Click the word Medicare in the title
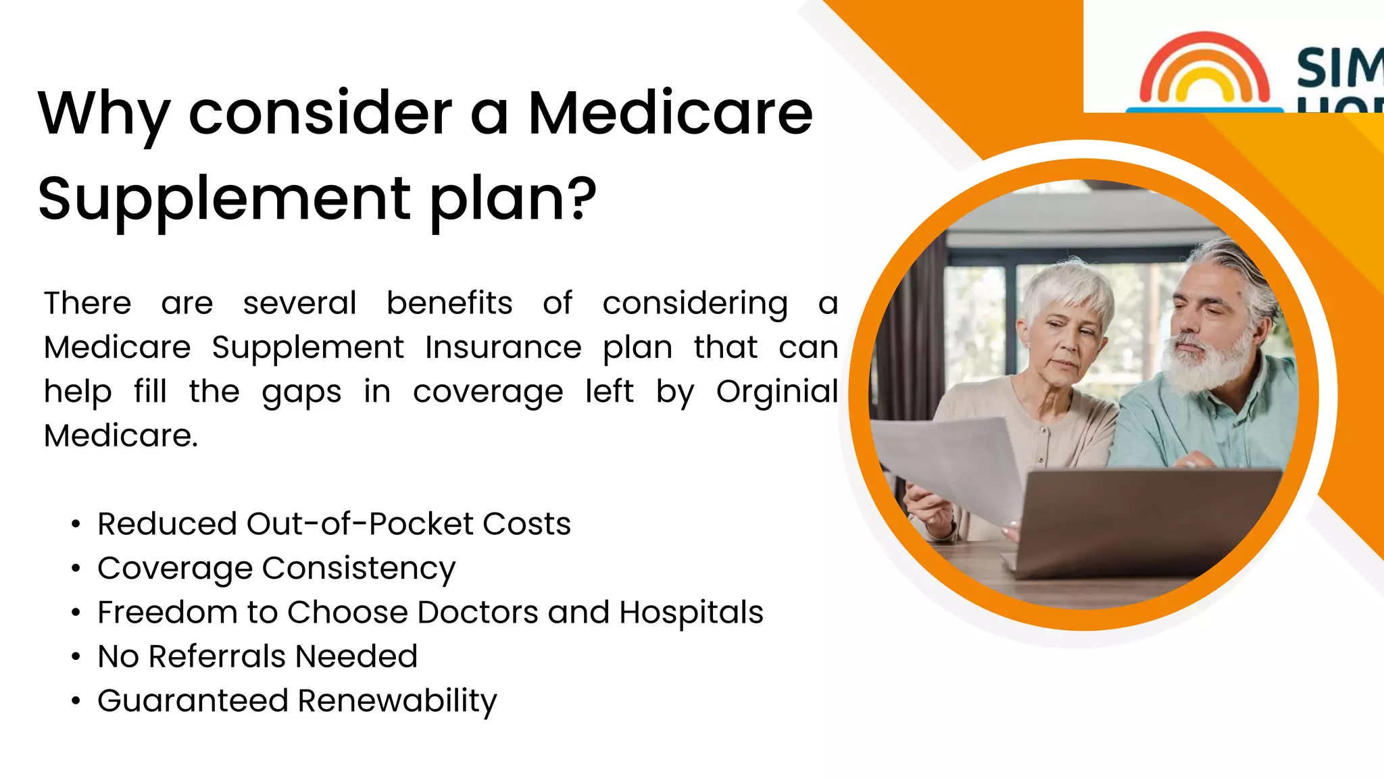pyautogui.click(x=670, y=113)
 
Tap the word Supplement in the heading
pyautogui.click(x=224, y=199)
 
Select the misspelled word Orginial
pyautogui.click(x=777, y=392)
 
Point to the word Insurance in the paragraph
pyautogui.click(x=503, y=348)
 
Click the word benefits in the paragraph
pyautogui.click(x=449, y=303)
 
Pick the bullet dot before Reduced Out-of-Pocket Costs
pyautogui.click(x=76, y=525)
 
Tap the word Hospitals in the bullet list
pyautogui.click(x=691, y=613)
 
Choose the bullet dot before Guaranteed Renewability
pyautogui.click(x=76, y=702)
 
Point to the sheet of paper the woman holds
pyautogui.click(x=953, y=466)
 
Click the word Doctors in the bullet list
pyautogui.click(x=477, y=613)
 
